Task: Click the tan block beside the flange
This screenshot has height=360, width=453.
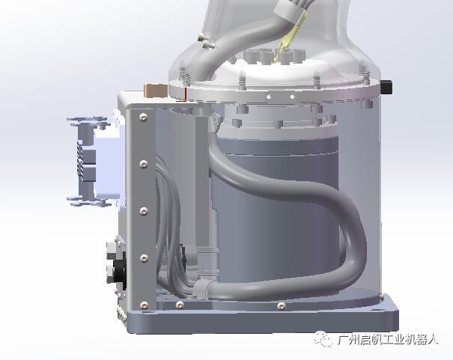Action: pos(156,91)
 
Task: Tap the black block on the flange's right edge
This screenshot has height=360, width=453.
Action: pos(386,88)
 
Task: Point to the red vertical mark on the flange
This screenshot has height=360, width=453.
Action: pos(185,93)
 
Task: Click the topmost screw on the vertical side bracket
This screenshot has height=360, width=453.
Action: pos(143,117)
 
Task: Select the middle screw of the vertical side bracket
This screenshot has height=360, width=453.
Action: pos(144,211)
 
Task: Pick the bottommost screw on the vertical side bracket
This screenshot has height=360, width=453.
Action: pos(144,305)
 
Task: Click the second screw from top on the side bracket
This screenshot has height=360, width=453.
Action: pos(144,164)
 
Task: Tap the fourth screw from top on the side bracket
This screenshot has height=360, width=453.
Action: pos(144,258)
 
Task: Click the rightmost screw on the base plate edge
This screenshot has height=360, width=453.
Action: pos(282,305)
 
